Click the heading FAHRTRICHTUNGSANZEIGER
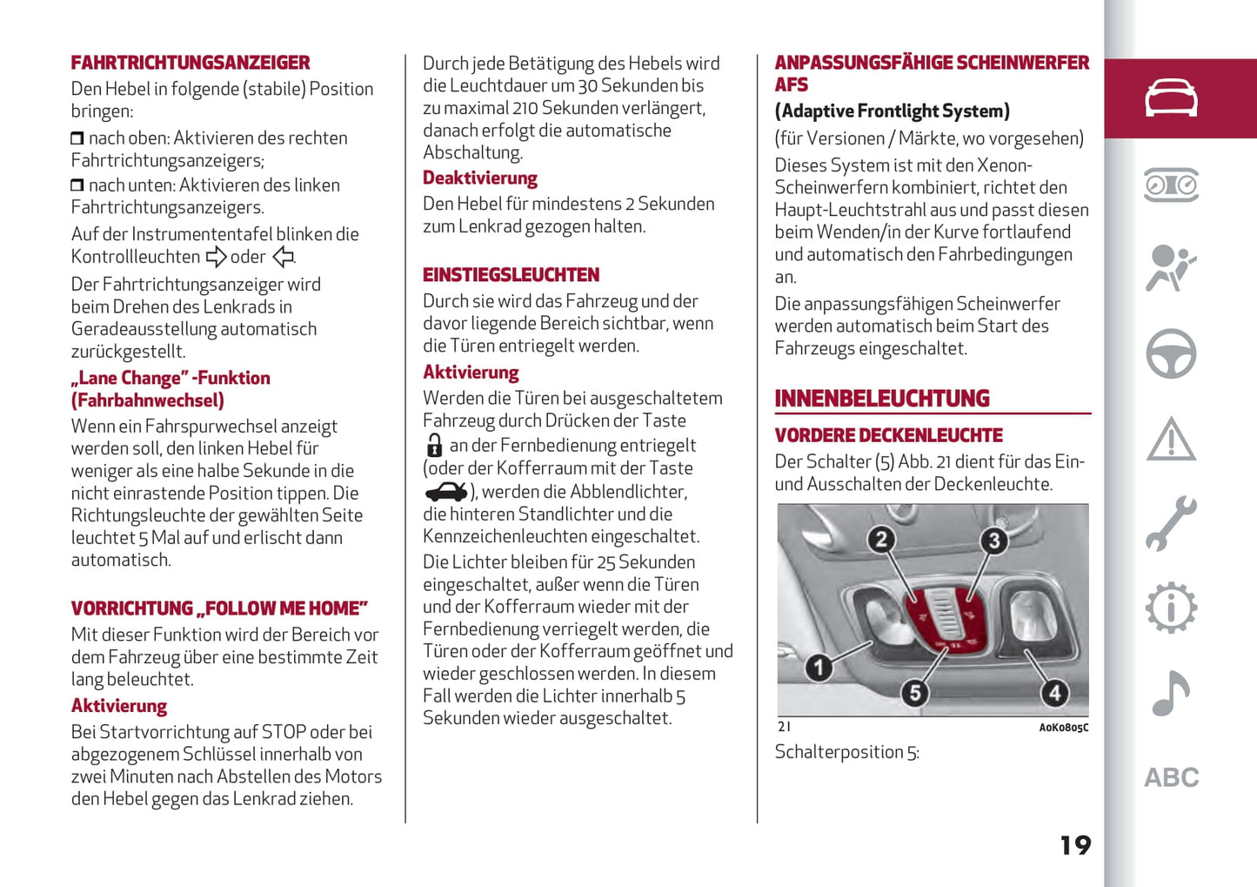point(191,63)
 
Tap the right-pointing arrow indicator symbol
point(216,257)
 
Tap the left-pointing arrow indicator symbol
point(283,257)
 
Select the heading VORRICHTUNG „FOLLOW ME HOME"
point(219,608)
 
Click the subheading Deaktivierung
point(480,178)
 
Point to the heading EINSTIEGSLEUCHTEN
point(511,275)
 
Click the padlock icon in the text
point(434,446)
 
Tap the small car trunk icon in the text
point(446,492)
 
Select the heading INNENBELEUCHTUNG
point(882,399)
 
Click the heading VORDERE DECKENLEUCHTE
point(888,435)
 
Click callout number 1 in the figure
point(818,668)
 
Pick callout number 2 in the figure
point(881,540)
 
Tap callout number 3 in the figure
point(993,541)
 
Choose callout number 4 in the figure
point(1054,693)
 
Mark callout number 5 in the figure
point(914,693)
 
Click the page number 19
point(1075,845)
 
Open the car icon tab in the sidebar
point(1171,98)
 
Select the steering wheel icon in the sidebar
point(1171,353)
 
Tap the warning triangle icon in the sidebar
point(1171,439)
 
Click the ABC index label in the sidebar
point(1171,777)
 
